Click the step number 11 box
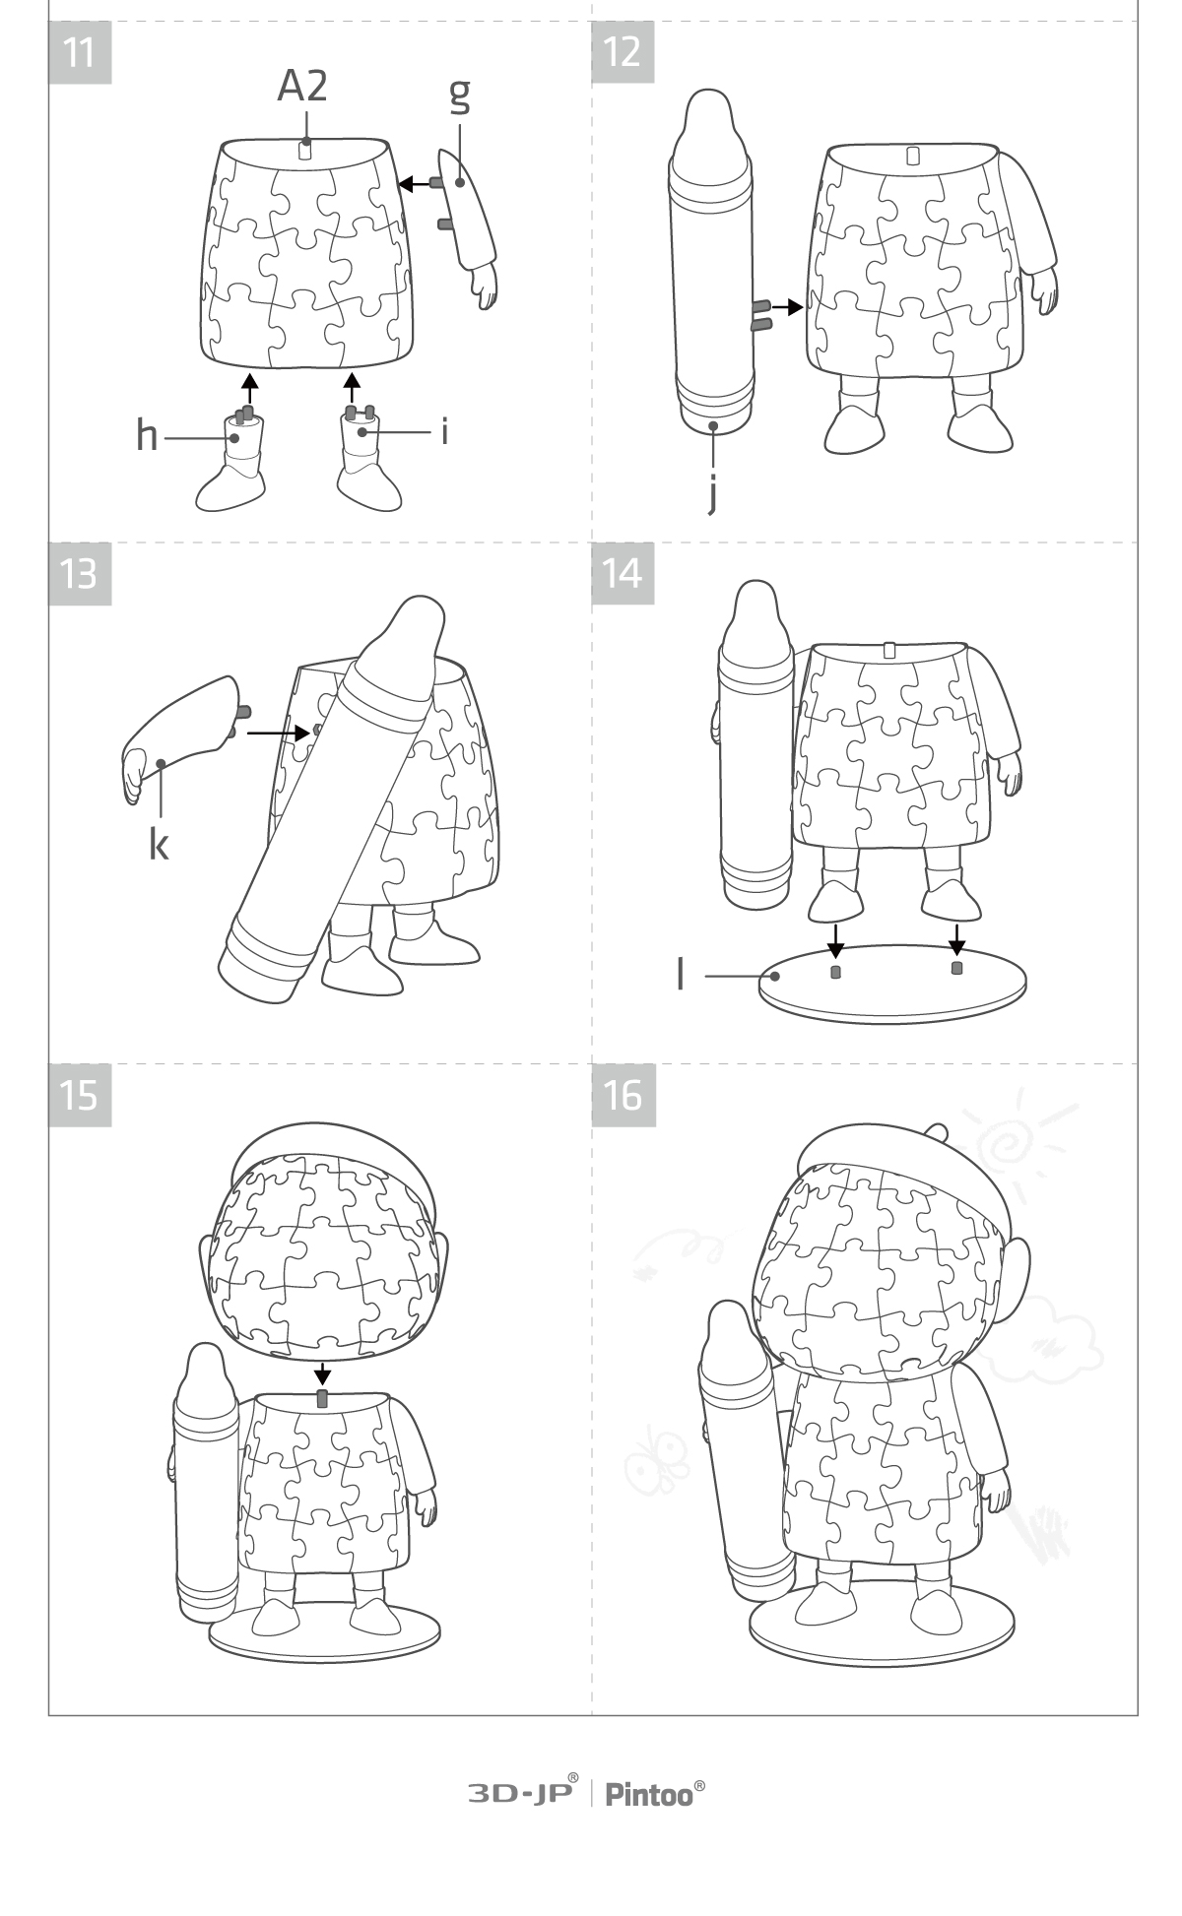pyautogui.click(x=80, y=51)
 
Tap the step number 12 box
pyautogui.click(x=623, y=51)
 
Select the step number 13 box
pyautogui.click(x=80, y=573)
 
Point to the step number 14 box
pyautogui.click(x=623, y=573)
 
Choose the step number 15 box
pyautogui.click(x=80, y=1095)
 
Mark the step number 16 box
pyautogui.click(x=623, y=1095)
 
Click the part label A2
pyautogui.click(x=301, y=87)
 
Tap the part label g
pyautogui.click(x=459, y=95)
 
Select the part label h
pyautogui.click(x=147, y=434)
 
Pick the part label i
pyautogui.click(x=445, y=430)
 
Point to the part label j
pyautogui.click(x=712, y=495)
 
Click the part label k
pyautogui.click(x=159, y=843)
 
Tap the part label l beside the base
pyautogui.click(x=681, y=974)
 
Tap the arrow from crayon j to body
pyautogui.click(x=787, y=307)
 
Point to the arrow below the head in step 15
pyautogui.click(x=322, y=1374)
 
